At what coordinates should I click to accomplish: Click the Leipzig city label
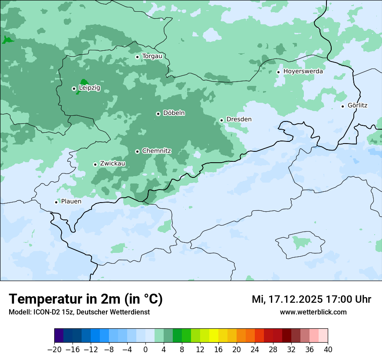(x=89, y=88)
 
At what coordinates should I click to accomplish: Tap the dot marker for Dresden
(x=221, y=120)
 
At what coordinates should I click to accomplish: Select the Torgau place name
(x=152, y=56)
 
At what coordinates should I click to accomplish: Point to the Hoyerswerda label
(x=303, y=72)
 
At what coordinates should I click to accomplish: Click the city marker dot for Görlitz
(x=342, y=106)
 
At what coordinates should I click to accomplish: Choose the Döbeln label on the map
(x=174, y=113)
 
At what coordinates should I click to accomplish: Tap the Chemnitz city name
(x=156, y=151)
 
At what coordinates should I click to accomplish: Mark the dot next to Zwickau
(x=95, y=164)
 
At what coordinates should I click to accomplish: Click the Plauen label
(x=71, y=202)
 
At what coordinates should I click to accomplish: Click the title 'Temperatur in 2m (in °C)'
(x=86, y=299)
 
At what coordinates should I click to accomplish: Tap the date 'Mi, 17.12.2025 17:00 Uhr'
(x=311, y=299)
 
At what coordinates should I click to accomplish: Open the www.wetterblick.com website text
(x=313, y=312)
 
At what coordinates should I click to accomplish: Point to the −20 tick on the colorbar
(x=54, y=350)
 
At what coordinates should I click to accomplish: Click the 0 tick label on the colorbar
(x=145, y=350)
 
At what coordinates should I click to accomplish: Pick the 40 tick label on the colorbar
(x=328, y=350)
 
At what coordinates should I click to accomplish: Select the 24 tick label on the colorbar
(x=255, y=350)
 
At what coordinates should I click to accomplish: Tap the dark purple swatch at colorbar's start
(x=59, y=336)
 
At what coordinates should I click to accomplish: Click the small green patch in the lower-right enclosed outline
(x=299, y=241)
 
